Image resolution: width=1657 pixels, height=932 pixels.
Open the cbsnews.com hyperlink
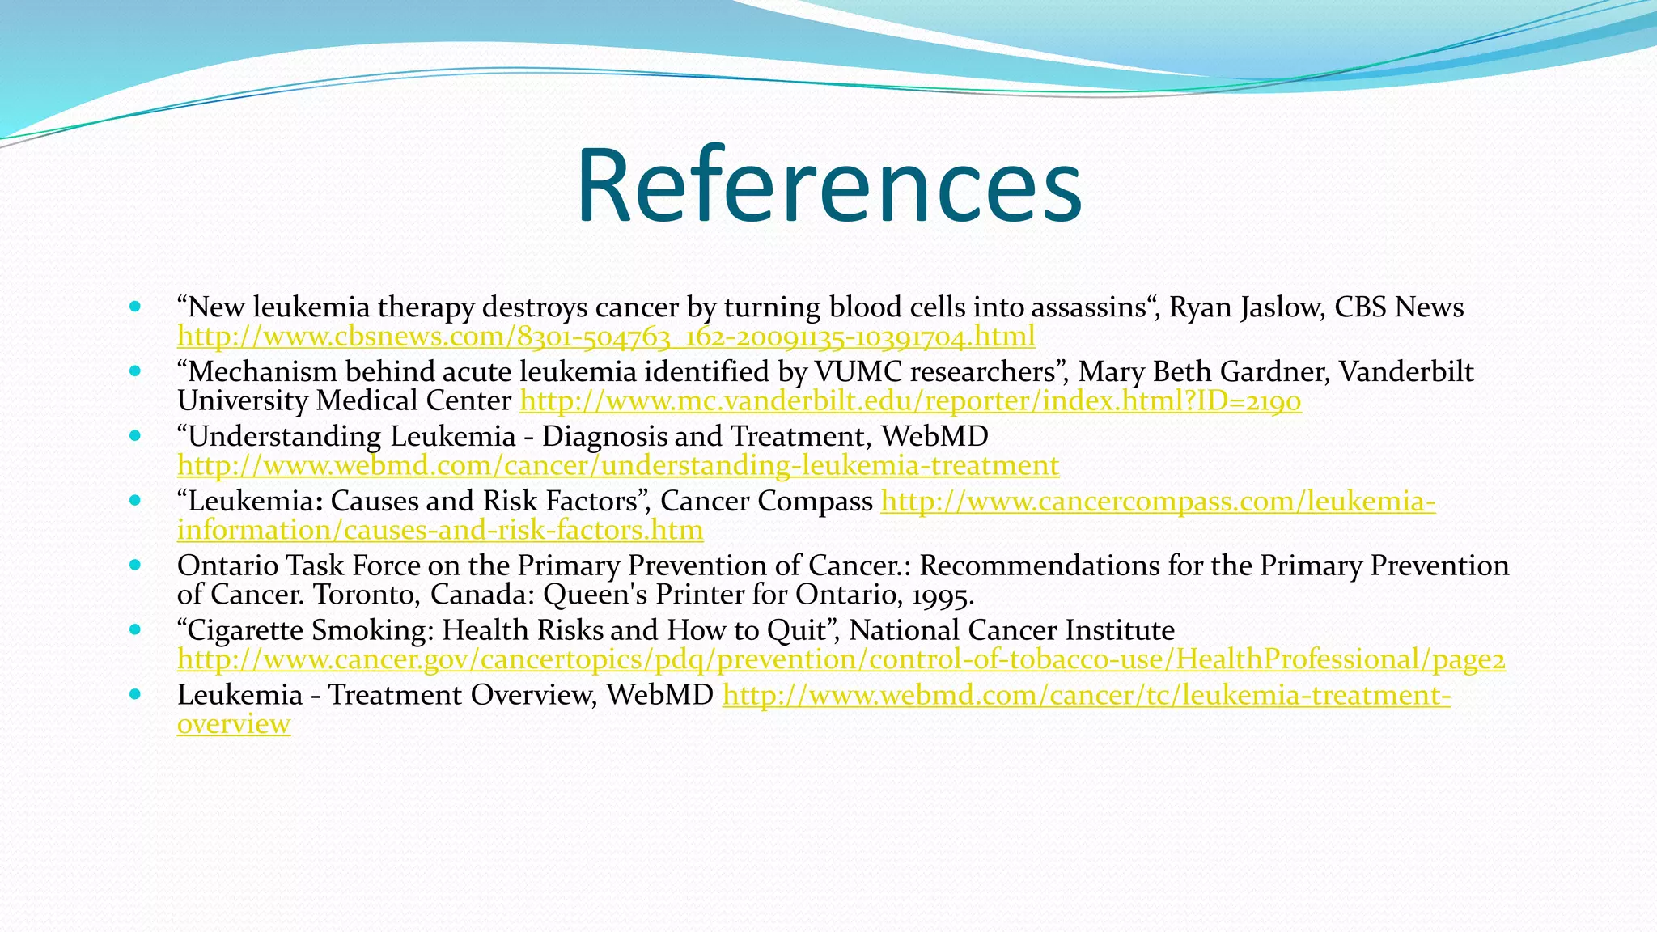(x=605, y=336)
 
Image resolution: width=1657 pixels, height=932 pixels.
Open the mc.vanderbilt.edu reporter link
(x=910, y=400)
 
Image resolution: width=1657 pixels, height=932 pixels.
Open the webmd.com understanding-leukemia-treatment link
(x=617, y=465)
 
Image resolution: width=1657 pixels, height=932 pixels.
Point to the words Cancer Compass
(x=766, y=501)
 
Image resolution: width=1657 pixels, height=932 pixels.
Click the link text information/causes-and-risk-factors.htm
(x=439, y=530)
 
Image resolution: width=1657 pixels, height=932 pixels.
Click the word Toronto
(x=365, y=595)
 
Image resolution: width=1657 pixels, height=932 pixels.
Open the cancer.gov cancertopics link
(x=841, y=659)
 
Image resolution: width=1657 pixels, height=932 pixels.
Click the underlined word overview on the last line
(x=233, y=724)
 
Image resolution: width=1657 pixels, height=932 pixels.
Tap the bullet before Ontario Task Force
(x=135, y=565)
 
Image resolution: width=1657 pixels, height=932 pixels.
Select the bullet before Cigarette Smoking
(x=135, y=629)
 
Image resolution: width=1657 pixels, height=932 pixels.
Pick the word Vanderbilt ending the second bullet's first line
(x=1405, y=371)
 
